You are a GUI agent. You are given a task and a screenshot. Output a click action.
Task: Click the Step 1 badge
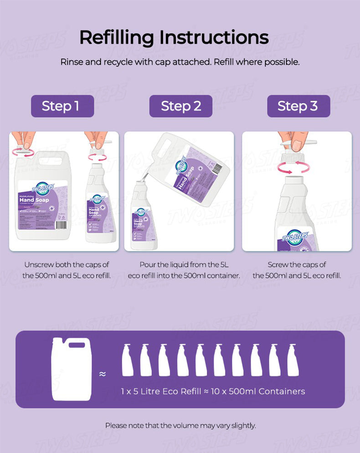coord(62,106)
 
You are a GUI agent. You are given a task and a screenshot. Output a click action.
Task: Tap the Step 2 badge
coord(181,106)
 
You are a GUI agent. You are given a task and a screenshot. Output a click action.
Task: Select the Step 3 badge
coord(298,106)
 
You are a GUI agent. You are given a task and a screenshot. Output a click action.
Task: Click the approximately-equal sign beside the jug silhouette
coord(103,374)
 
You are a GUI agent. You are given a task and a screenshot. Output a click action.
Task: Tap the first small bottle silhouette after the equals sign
coord(128,360)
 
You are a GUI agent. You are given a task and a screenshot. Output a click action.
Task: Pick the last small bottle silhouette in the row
coord(293,360)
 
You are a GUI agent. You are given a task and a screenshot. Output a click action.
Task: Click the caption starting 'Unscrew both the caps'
coord(67,270)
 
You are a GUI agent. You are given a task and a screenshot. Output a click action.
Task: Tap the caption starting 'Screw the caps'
coord(297,270)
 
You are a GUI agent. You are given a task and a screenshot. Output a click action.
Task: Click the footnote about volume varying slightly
coord(180,426)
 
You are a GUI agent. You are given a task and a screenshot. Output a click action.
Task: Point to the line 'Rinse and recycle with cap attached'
coord(180,61)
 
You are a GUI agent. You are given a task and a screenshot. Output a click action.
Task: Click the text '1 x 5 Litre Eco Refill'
coord(161,391)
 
